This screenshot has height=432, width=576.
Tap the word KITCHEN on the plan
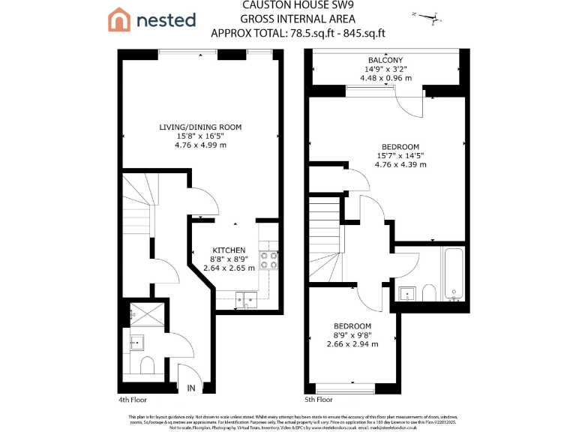[x=229, y=250]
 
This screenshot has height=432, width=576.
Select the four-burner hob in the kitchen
[x=269, y=259]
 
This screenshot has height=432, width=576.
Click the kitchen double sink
[x=244, y=301]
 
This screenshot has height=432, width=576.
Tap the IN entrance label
[x=191, y=388]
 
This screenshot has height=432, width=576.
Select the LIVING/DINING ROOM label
[x=199, y=127]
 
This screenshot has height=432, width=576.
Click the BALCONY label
[x=385, y=60]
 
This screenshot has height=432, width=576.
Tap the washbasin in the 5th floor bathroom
[x=408, y=292]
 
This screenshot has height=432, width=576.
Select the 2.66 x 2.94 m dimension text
[x=352, y=344]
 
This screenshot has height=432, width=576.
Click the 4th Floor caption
[x=133, y=400]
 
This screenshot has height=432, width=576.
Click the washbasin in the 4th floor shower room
[x=137, y=343]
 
